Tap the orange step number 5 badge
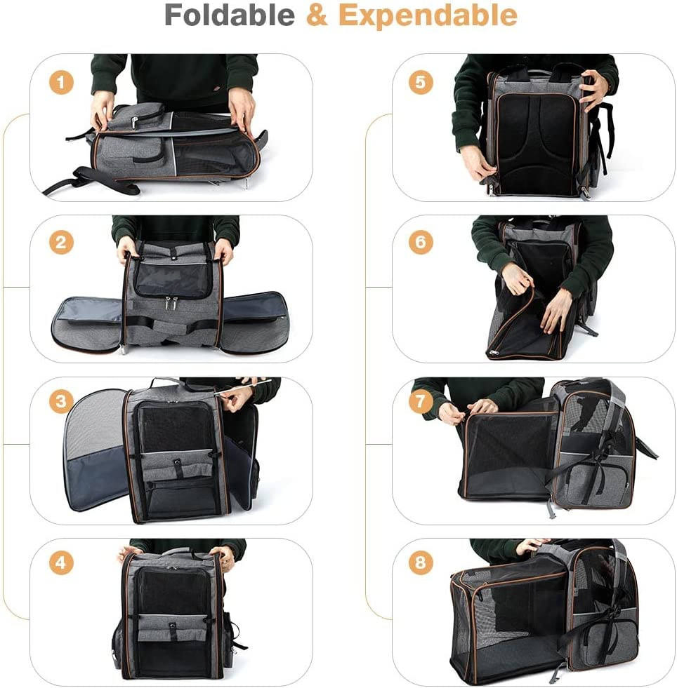[x=421, y=83]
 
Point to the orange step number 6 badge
[x=421, y=243]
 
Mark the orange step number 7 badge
[x=421, y=402]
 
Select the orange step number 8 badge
[x=421, y=563]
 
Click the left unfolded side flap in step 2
[x=87, y=323]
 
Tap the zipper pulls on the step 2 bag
[x=171, y=304]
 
